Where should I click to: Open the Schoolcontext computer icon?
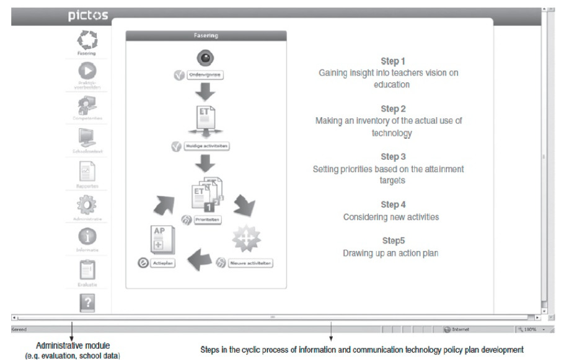click(x=87, y=138)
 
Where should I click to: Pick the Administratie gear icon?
click(x=87, y=204)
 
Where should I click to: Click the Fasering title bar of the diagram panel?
click(x=206, y=36)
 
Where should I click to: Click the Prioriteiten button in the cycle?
click(x=208, y=219)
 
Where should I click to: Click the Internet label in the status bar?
click(x=460, y=329)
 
